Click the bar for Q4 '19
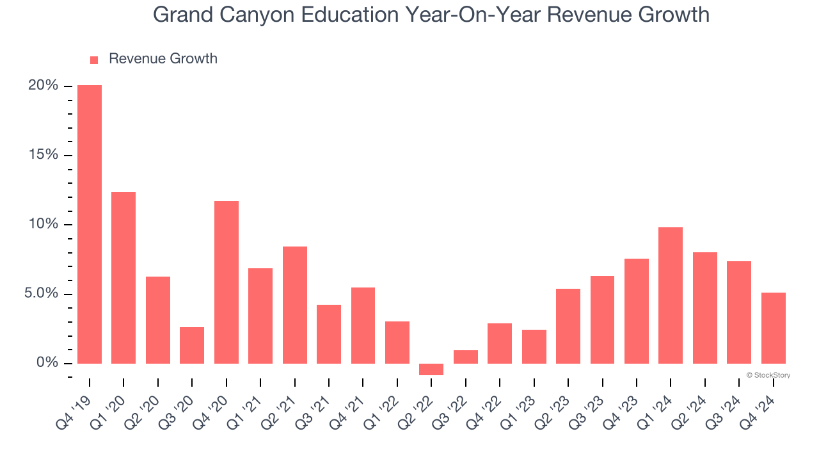click(90, 224)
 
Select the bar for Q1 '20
click(123, 278)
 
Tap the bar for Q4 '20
click(227, 282)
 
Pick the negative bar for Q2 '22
click(431, 369)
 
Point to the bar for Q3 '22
click(466, 357)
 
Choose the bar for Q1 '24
click(671, 295)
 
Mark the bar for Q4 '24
click(774, 328)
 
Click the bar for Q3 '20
click(192, 345)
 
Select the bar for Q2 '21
click(295, 305)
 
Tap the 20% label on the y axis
click(43, 86)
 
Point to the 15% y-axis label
click(43, 155)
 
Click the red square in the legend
click(94, 60)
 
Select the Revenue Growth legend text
click(163, 59)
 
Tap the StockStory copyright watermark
click(768, 375)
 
